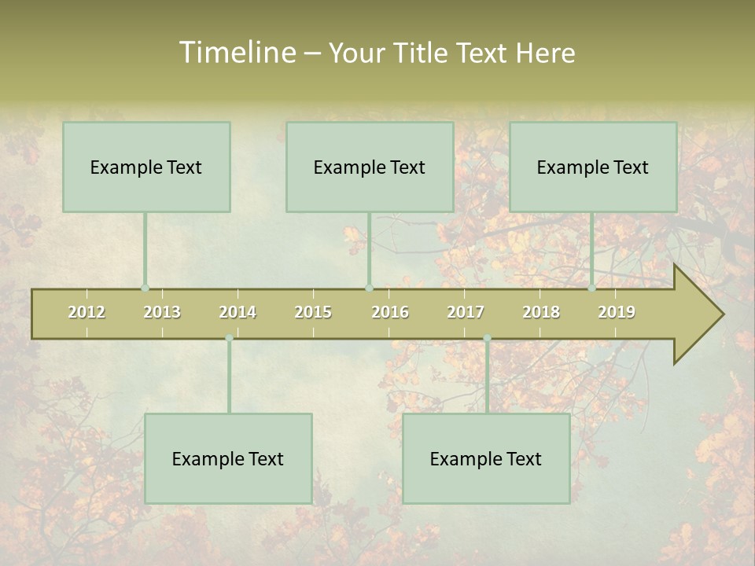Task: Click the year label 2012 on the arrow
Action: pyautogui.click(x=87, y=312)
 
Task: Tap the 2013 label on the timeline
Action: pyautogui.click(x=162, y=312)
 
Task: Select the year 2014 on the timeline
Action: pyautogui.click(x=238, y=312)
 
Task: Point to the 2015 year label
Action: pyautogui.click(x=313, y=312)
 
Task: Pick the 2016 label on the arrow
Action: pyautogui.click(x=390, y=312)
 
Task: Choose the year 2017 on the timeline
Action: pyautogui.click(x=466, y=312)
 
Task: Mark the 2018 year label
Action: pyautogui.click(x=541, y=312)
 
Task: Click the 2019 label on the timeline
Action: pyautogui.click(x=617, y=312)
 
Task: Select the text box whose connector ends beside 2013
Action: pyautogui.click(x=146, y=167)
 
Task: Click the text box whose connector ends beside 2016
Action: pyautogui.click(x=370, y=167)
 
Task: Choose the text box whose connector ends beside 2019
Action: pyautogui.click(x=593, y=167)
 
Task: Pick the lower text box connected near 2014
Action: pyautogui.click(x=228, y=458)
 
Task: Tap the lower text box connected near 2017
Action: pyautogui.click(x=486, y=458)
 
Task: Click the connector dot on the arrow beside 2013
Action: pyautogui.click(x=145, y=288)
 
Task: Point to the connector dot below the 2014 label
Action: pyautogui.click(x=229, y=338)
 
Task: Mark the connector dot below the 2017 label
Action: pyautogui.click(x=487, y=338)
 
